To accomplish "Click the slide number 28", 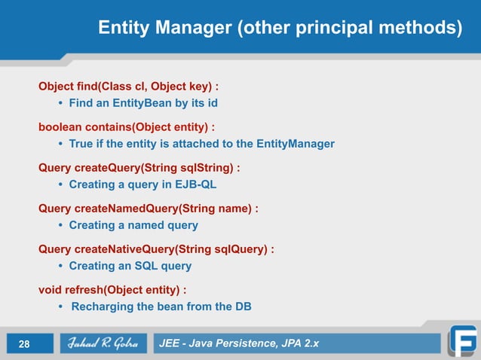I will (24, 344).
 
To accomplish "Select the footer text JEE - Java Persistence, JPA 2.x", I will (239, 344).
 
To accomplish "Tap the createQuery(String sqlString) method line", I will (139, 167).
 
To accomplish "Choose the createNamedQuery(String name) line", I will (149, 208).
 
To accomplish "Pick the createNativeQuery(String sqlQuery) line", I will (156, 249).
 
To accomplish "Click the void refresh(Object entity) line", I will (113, 289).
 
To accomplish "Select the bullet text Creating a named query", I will (133, 224).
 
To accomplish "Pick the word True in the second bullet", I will (81, 143).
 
